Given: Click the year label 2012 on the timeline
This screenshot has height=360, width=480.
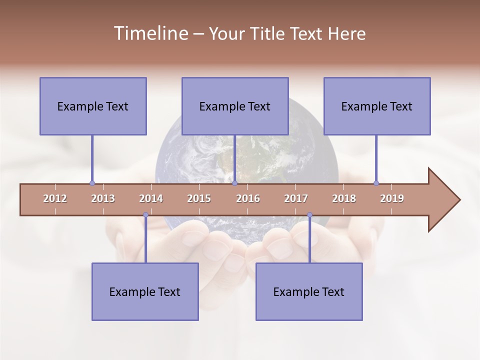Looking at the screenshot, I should pos(55,198).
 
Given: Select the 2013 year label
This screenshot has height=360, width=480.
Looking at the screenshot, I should pos(103,198).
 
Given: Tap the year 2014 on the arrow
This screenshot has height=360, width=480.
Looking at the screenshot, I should pos(151,198).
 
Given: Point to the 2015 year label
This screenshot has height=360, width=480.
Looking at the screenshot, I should pos(199,198).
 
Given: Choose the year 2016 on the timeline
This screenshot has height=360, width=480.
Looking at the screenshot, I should pos(248,198).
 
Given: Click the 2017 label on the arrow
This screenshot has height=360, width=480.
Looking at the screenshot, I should pos(296,198).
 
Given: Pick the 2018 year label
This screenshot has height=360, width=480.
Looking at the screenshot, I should pos(344,198).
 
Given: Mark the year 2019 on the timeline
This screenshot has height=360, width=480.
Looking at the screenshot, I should pos(392,198).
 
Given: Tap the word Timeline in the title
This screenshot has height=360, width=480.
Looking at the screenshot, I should pos(149,33).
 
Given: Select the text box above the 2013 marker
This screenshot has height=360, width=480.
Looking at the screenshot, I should pos(93,106).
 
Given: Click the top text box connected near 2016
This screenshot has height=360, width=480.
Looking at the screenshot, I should pos(235,106).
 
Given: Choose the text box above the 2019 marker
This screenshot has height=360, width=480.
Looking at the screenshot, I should pos(377,106).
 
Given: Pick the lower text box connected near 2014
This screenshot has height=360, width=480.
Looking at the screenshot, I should pos(145,291).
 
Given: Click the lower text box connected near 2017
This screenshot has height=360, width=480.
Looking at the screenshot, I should pos(309,291).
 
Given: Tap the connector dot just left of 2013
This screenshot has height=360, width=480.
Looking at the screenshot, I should pos(92,183).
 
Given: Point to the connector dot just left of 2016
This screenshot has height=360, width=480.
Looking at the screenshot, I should pos(234,183).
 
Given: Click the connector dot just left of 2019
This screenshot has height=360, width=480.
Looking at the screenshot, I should pos(376,183).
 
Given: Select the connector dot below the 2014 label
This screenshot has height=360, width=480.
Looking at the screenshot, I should pos(145,215).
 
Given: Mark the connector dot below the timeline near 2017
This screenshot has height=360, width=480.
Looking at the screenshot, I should pos(309,215).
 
